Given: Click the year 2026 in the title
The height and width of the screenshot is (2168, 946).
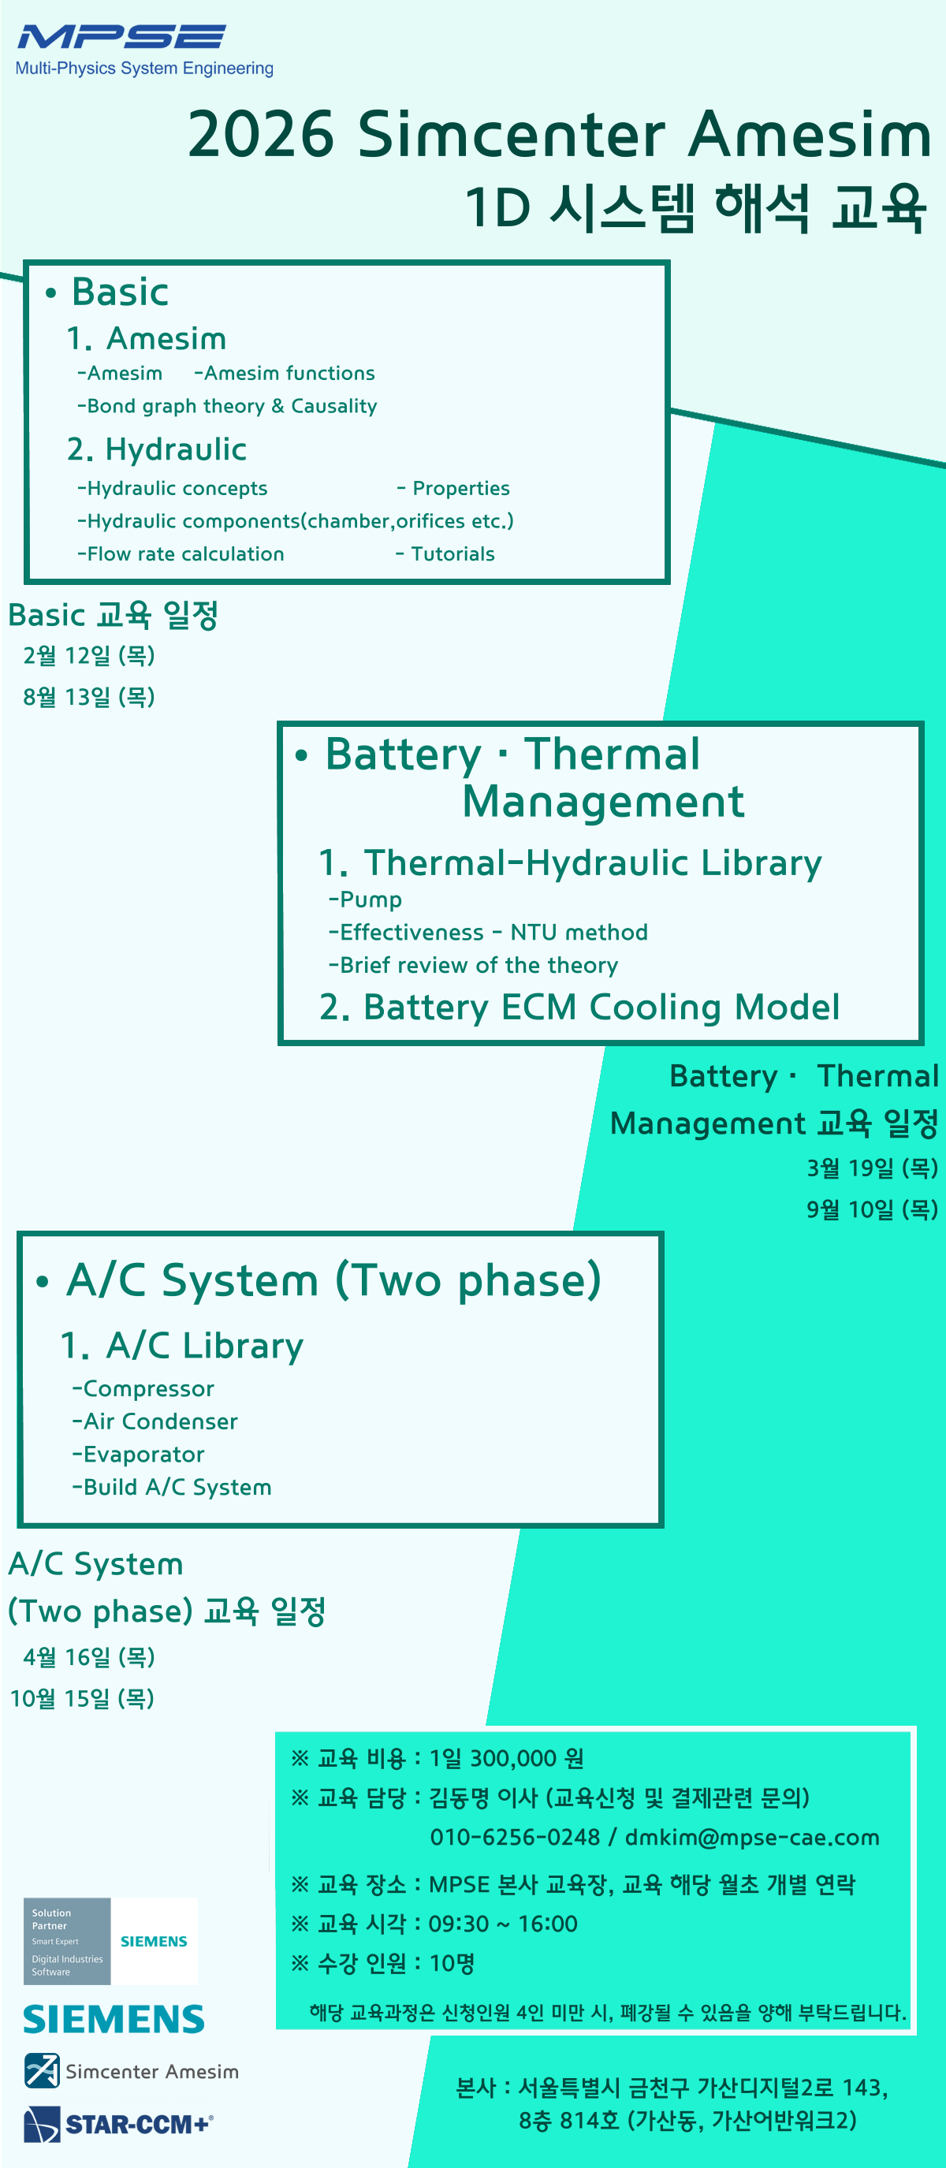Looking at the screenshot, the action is click(261, 135).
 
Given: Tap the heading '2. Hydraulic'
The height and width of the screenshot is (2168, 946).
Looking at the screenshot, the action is click(157, 449).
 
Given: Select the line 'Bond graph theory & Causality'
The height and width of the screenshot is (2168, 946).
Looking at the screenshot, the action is click(227, 407).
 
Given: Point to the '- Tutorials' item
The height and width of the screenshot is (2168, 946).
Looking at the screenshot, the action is click(445, 553).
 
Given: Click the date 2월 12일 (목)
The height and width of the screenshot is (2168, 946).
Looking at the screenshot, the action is click(89, 656).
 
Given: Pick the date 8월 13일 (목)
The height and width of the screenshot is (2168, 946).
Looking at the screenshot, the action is click(89, 697).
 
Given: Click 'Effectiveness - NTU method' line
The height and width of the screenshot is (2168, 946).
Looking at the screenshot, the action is click(488, 933).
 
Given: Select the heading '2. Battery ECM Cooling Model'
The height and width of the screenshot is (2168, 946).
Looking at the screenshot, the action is click(579, 1008).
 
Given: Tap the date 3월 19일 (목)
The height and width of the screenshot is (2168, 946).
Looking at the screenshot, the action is click(872, 1168).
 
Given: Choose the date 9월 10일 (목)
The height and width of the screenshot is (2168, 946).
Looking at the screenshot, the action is click(872, 1209).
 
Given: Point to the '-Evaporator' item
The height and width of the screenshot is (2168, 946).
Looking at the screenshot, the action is click(138, 1455).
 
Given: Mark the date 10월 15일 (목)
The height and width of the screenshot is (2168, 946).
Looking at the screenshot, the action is click(83, 1698).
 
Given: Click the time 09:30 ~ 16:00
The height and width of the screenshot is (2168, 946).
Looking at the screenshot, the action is click(503, 1924).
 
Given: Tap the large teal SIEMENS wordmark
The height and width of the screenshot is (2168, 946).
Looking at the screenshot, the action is click(114, 2020).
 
